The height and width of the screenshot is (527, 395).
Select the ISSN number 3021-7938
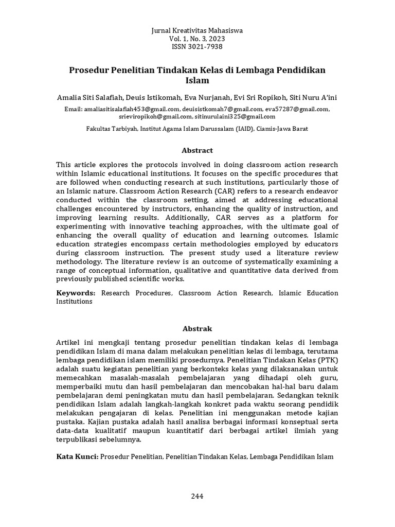pos(205,47)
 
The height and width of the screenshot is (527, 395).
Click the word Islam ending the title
pos(197,80)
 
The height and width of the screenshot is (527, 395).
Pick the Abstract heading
pos(197,150)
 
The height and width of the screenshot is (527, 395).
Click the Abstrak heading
pos(197,328)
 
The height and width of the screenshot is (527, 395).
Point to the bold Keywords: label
pos(76,293)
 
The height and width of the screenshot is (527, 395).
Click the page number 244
pos(197,496)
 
